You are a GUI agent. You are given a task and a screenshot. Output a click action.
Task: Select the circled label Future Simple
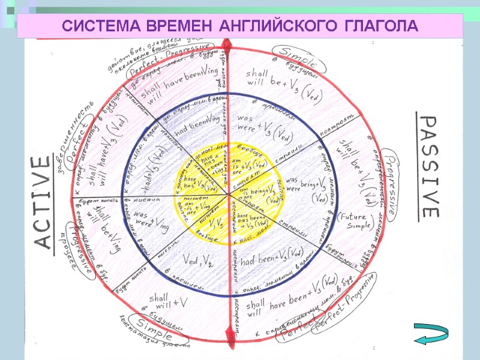pyautogui.click(x=355, y=221)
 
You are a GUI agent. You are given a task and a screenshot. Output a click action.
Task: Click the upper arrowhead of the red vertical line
pyautogui.click(x=228, y=45)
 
